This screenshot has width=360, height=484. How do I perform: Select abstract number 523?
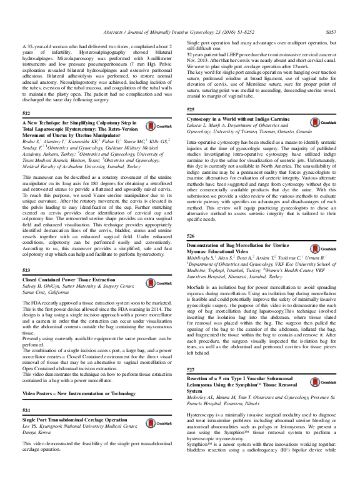[26, 270]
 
